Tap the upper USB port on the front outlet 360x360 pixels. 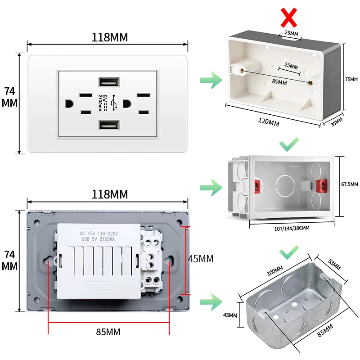click(109, 82)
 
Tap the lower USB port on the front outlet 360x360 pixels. click(109, 126)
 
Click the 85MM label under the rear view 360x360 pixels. click(108, 332)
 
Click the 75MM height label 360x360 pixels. click(351, 79)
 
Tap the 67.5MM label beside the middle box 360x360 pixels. click(350, 184)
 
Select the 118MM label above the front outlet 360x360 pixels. click(109, 37)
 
